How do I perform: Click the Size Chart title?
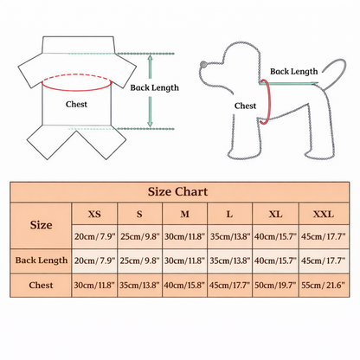point(177,192)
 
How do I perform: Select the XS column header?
point(94,214)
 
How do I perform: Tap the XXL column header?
point(324,214)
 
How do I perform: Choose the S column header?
point(139,214)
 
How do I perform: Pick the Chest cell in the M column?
point(184,286)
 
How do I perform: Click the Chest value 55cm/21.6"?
point(323,286)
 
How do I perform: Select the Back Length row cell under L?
point(230,260)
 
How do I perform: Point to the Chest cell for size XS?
point(94,286)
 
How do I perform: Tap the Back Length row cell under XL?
point(275,260)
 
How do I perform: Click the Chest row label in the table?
point(41,285)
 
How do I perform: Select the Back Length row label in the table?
point(42,260)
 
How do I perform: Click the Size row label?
point(41,225)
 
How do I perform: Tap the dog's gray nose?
point(203,64)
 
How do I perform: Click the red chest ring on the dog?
point(270,101)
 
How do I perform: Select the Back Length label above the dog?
point(293,72)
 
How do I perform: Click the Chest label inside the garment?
point(76,104)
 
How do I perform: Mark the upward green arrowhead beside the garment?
point(150,58)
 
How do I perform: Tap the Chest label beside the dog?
point(245,106)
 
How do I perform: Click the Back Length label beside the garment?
point(154,87)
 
